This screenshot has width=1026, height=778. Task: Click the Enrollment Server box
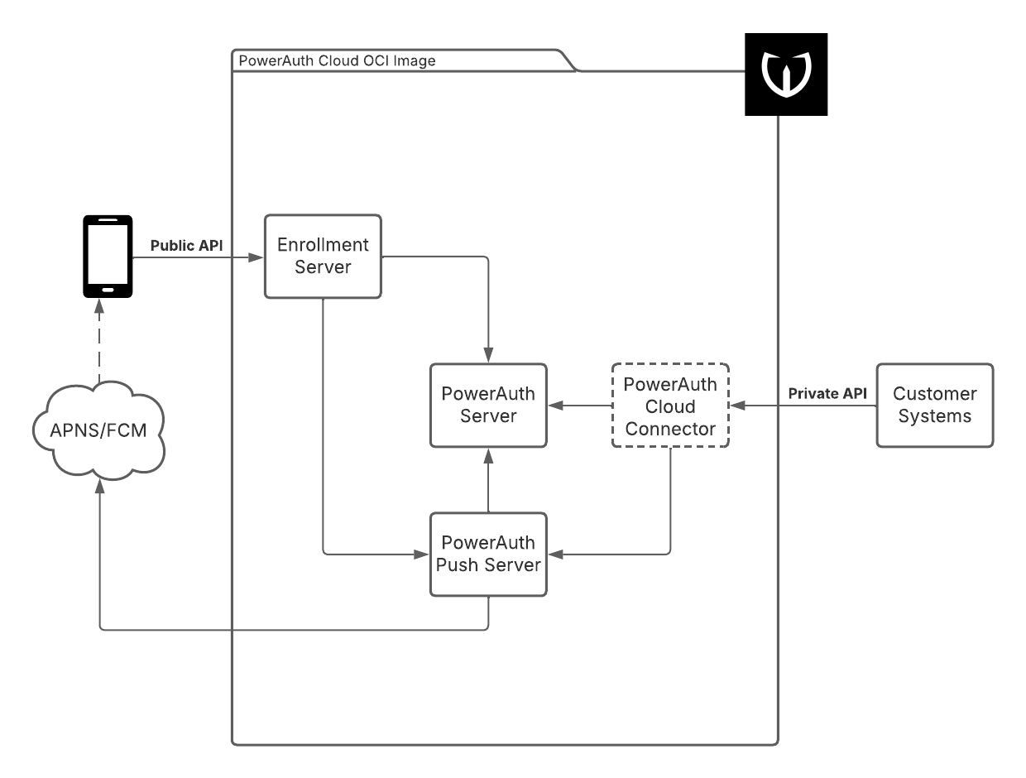pos(323,257)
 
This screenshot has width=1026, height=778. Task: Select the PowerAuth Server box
pos(488,406)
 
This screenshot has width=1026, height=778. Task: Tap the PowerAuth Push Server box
pos(488,555)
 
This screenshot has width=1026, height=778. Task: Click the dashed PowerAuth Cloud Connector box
pos(670,406)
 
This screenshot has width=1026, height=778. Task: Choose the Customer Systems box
pos(935,406)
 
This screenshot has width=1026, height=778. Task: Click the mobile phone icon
pos(108,256)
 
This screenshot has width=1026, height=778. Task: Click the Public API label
pos(186,245)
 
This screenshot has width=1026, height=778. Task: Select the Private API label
pos(827,394)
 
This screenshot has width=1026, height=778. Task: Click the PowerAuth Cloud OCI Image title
pos(337,61)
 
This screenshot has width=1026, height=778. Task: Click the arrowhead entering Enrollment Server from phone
pos(257,258)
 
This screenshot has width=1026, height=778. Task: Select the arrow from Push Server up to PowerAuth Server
pos(488,480)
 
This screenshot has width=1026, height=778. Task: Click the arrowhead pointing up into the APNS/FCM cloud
pos(99,489)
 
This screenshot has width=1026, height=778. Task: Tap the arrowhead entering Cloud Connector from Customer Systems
pos(736,406)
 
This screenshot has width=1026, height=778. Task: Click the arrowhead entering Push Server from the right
pos(554,555)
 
